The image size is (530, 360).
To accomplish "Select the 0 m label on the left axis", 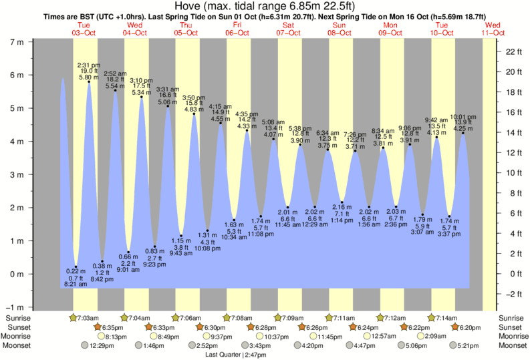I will coord(15,275).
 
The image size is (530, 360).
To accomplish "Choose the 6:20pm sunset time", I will coord(472,327).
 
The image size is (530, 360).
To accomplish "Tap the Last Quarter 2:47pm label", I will coord(232,355).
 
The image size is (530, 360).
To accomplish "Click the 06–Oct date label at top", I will coord(237,32).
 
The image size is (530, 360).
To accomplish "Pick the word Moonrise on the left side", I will coord(19,337).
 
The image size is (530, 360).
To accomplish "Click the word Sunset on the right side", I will coord(512,327).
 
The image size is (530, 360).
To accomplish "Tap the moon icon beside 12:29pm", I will coord(85,346).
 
